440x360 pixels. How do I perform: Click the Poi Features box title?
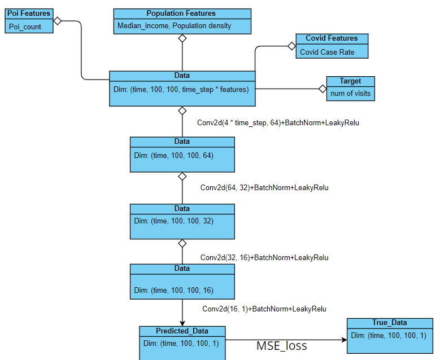[x=29, y=13]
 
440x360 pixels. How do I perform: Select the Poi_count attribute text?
[x=25, y=27]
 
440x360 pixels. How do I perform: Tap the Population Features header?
[x=181, y=13]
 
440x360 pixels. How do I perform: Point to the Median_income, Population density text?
[x=174, y=26]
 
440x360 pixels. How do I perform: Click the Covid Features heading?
[x=332, y=38]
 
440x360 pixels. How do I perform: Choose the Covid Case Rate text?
[x=327, y=52]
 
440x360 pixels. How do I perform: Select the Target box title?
[x=350, y=81]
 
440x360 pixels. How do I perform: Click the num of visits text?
[x=350, y=94]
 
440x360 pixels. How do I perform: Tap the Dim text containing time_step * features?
[x=181, y=89]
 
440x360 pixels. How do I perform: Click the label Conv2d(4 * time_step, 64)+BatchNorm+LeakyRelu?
[x=278, y=122]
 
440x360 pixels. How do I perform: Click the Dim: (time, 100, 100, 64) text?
[x=173, y=155]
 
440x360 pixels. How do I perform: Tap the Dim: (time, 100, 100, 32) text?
[x=173, y=221]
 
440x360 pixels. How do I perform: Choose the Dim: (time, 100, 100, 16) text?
[x=173, y=290]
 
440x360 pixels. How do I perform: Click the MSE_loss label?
[x=282, y=345]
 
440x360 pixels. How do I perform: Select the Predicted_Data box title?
[x=182, y=331]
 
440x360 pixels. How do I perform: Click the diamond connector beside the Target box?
[x=323, y=89]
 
